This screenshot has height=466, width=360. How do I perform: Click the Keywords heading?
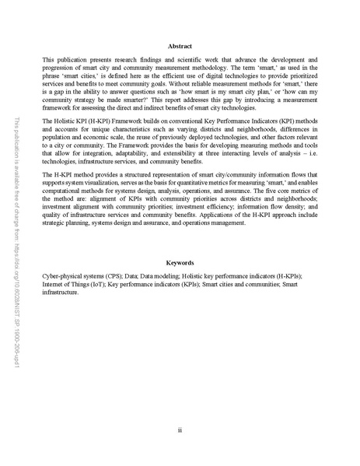click(180, 264)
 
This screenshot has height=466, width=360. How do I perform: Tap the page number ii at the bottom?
click(180, 428)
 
